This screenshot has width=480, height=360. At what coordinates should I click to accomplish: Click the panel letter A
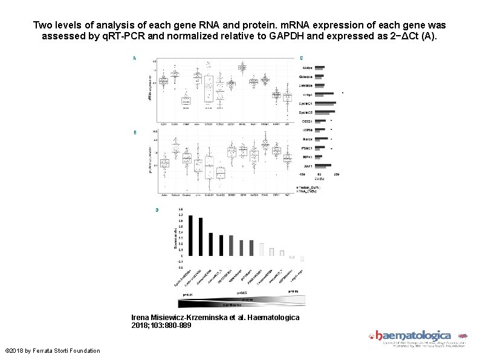pos(134,59)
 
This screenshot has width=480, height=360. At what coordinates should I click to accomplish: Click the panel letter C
pos(301,58)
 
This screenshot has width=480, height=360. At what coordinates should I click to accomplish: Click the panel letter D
pos(157,210)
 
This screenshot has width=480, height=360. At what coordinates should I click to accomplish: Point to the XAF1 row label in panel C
pos(308,165)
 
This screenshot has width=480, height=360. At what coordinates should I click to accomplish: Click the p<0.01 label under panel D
pos(186,295)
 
